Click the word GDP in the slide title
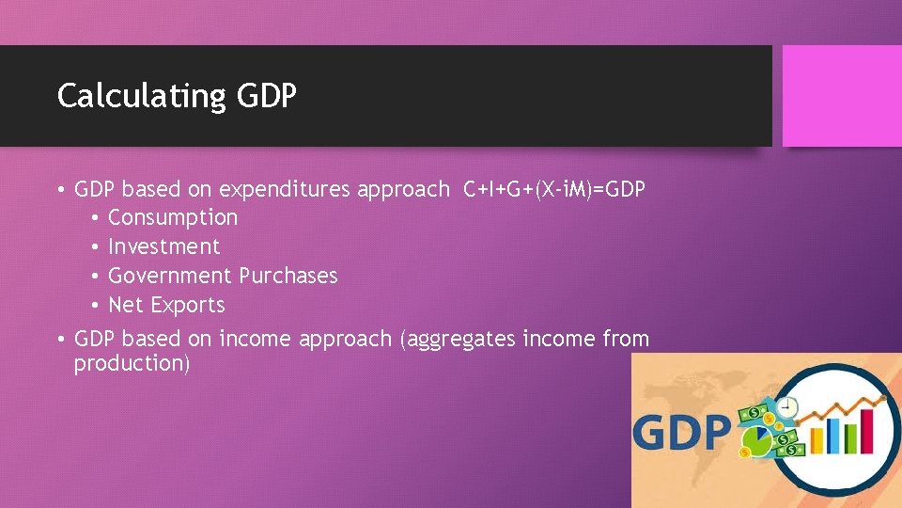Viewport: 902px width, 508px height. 267,96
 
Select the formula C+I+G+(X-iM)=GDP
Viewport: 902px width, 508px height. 554,189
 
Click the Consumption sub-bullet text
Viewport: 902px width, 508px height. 173,217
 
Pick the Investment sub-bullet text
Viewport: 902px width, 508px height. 163,246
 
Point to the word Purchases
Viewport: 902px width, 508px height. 288,276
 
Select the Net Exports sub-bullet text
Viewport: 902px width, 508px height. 166,305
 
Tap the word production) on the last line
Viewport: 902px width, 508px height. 132,363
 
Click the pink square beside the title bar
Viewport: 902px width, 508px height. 841,96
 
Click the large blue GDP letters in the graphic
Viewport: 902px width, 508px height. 681,433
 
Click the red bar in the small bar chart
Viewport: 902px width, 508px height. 866,431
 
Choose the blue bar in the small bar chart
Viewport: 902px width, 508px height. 833,435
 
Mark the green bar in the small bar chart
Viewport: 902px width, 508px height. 849,438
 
